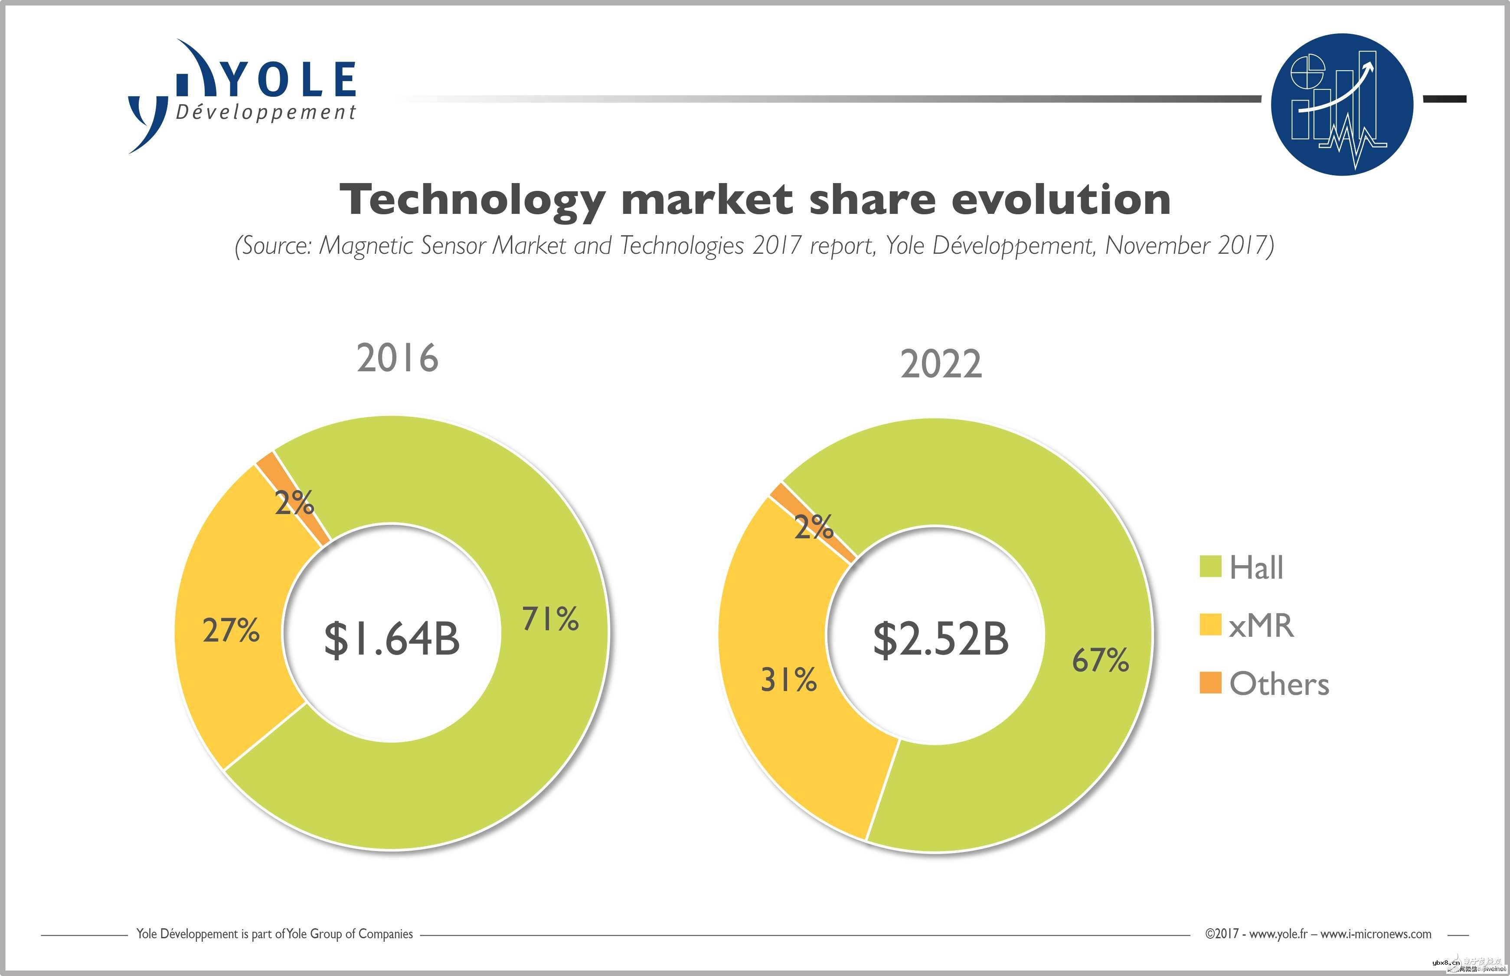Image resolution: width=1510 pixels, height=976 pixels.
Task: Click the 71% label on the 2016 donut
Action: (550, 619)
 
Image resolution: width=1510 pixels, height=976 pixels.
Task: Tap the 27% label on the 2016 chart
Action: (231, 631)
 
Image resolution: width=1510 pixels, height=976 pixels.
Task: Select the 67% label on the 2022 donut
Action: (1100, 660)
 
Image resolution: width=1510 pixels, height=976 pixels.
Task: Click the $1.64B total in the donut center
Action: (392, 639)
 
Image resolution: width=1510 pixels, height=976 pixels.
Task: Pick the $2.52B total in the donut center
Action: (941, 639)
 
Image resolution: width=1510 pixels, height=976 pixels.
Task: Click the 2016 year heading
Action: (397, 358)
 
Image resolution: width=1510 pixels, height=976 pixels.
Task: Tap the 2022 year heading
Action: (941, 364)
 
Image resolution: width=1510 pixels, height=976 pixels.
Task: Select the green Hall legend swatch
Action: (1210, 567)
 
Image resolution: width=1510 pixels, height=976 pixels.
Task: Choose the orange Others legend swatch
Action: (1210, 683)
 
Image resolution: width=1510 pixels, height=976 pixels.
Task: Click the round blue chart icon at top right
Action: (1341, 104)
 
